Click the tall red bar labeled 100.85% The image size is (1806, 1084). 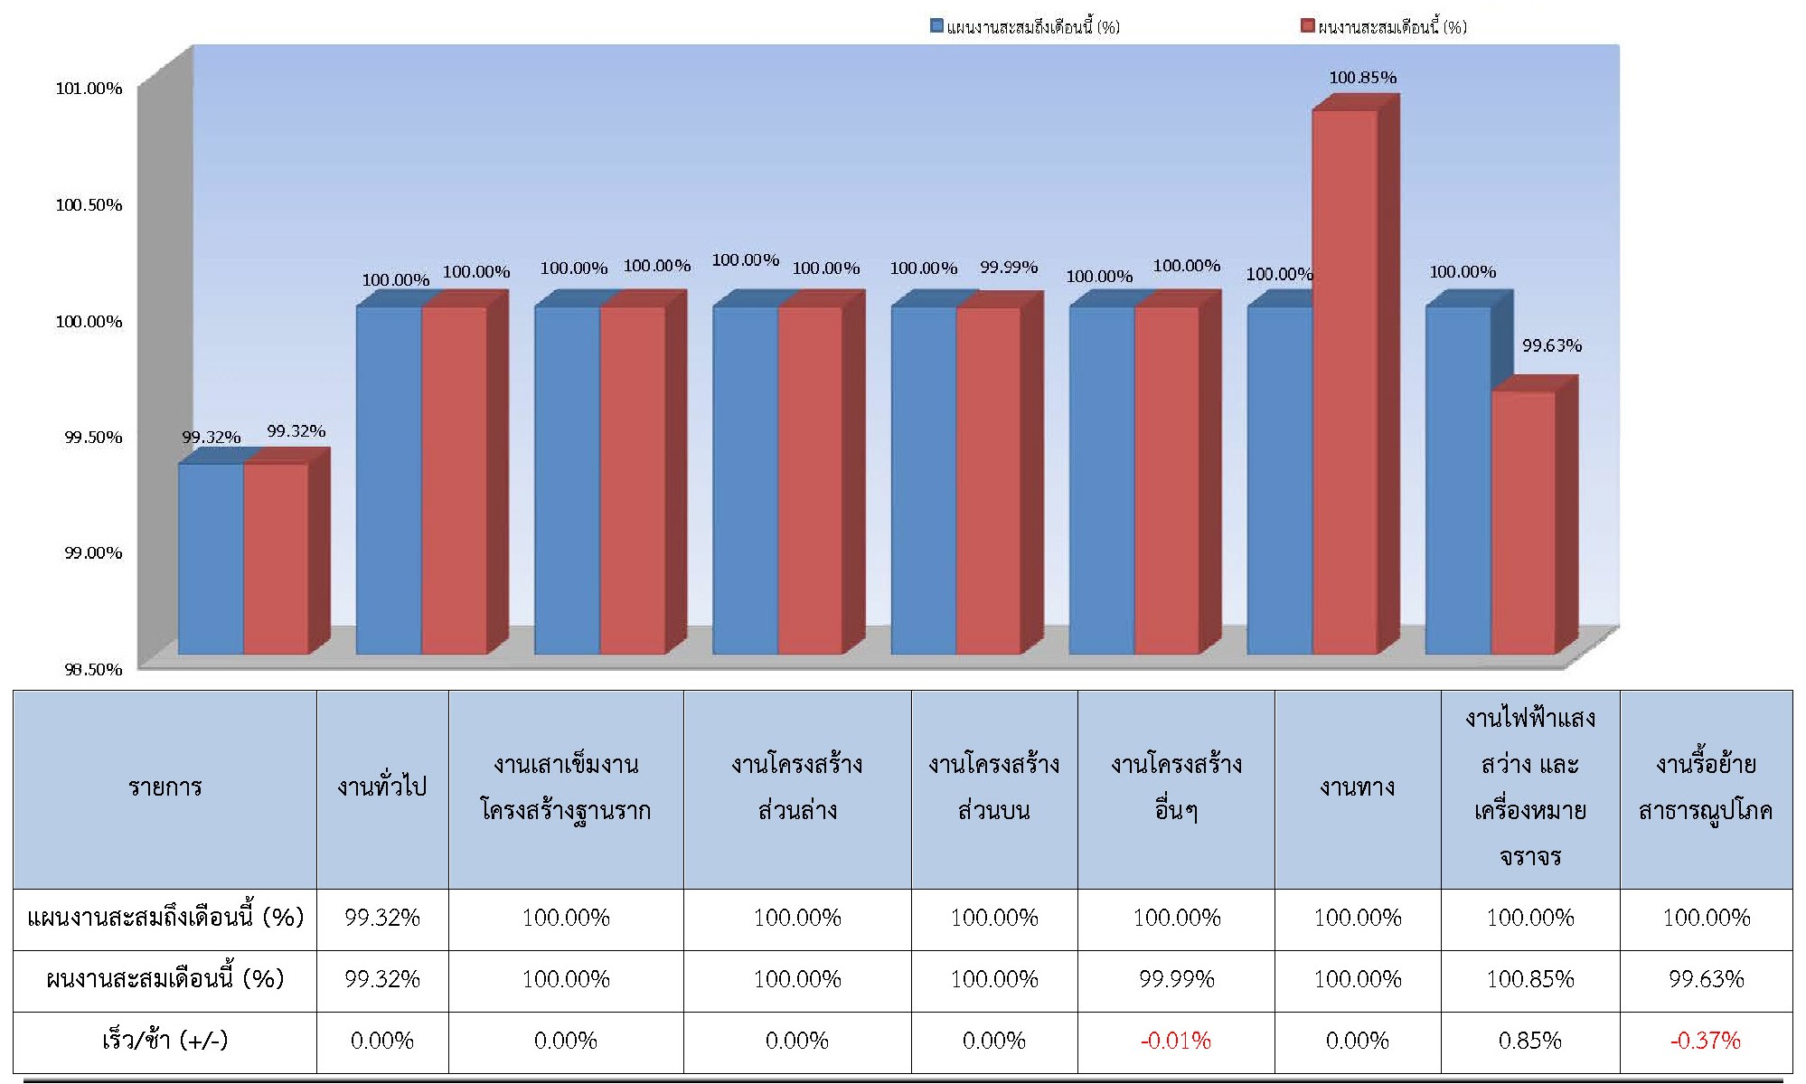click(x=1344, y=380)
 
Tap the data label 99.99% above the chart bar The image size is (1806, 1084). click(x=1009, y=268)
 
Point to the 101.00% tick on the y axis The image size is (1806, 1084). click(x=89, y=89)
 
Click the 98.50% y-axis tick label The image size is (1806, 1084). click(x=92, y=669)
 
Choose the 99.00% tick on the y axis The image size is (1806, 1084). click(x=92, y=552)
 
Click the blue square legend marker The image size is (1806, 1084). click(x=937, y=26)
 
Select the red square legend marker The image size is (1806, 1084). click(x=1307, y=26)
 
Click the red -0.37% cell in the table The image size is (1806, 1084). click(x=1705, y=1041)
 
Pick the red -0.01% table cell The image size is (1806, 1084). click(x=1175, y=1041)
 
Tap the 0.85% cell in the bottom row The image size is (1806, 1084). click(x=1529, y=1041)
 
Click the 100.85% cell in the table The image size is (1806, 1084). click(x=1529, y=979)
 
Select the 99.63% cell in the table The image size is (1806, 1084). click(x=1706, y=979)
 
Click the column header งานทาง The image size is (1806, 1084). click(x=1357, y=787)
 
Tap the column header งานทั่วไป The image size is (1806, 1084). click(x=381, y=787)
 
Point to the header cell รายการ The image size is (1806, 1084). click(x=165, y=787)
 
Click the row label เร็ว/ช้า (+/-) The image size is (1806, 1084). click(x=165, y=1041)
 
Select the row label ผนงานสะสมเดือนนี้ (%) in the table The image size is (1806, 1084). click(x=165, y=979)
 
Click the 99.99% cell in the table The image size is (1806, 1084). click(x=1176, y=979)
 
